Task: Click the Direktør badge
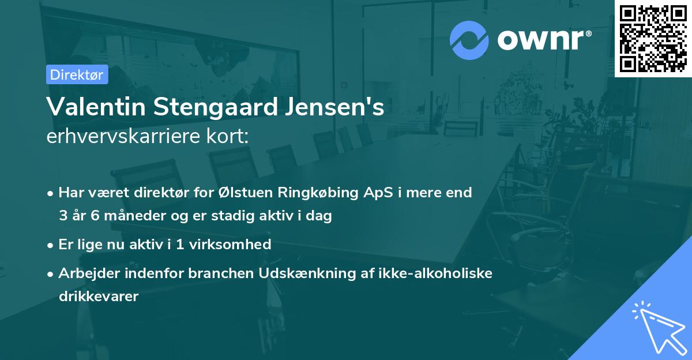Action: tap(77, 74)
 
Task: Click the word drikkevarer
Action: tap(99, 297)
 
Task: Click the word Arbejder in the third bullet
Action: tap(85, 273)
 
